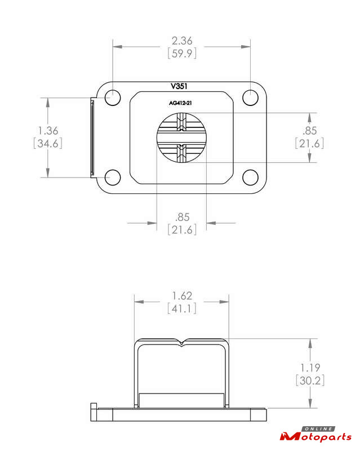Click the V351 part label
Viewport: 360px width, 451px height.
tap(179, 86)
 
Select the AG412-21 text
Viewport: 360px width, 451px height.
tap(180, 103)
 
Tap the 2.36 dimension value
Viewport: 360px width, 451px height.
tap(182, 41)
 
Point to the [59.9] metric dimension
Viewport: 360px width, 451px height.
tap(183, 54)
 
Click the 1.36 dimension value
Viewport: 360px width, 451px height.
tap(48, 131)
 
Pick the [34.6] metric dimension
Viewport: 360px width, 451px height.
tap(48, 143)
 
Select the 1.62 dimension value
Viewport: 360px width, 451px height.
tap(182, 296)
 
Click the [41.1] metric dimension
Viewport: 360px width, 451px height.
tap(183, 308)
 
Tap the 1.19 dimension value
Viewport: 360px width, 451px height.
tap(310, 368)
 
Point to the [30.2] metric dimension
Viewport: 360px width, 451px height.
tap(310, 381)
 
